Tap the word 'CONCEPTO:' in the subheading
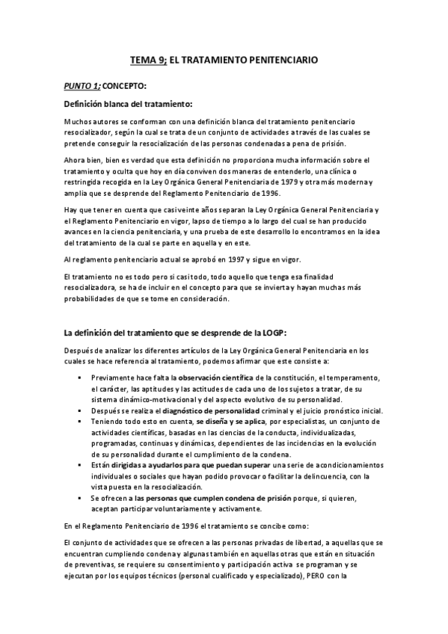click(x=124, y=85)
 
